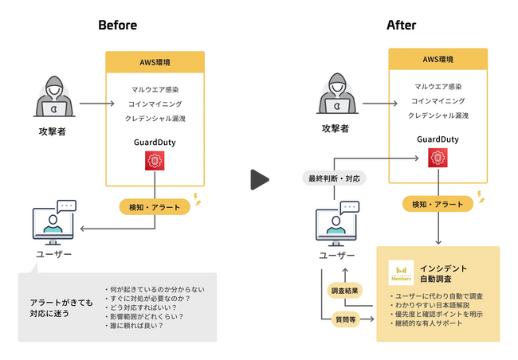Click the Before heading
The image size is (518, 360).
[117, 25]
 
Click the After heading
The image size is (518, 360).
[401, 25]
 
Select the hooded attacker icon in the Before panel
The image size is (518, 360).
[52, 99]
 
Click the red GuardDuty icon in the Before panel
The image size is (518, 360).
[155, 161]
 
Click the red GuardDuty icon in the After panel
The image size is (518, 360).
[438, 158]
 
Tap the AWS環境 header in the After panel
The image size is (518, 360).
[438, 60]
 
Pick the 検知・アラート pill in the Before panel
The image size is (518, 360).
[155, 207]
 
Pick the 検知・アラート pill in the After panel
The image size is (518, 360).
[438, 205]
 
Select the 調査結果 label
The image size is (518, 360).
[344, 291]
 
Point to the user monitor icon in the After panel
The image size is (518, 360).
[336, 225]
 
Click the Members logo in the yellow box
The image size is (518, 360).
[400, 273]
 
